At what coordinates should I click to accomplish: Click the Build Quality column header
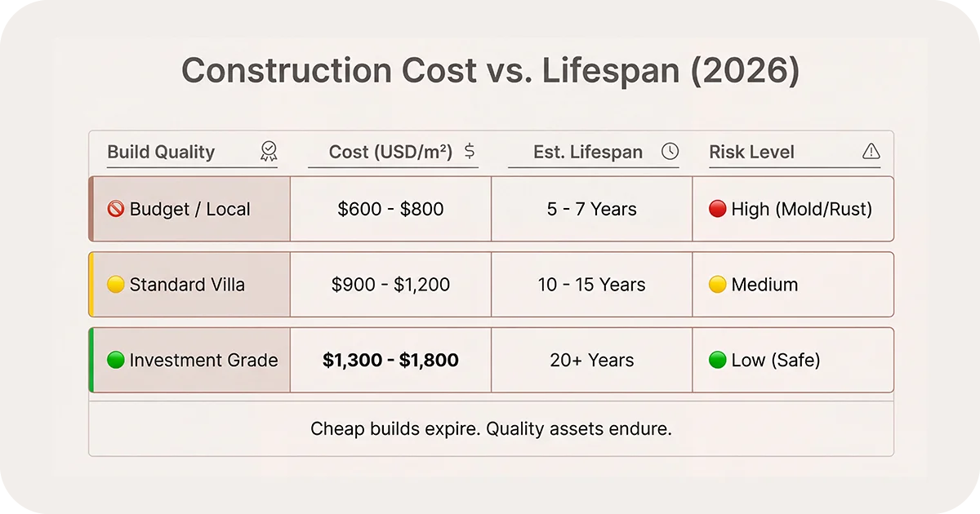coord(161,152)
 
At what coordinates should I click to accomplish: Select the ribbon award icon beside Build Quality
coord(269,151)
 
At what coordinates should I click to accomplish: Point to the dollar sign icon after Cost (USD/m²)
coord(470,151)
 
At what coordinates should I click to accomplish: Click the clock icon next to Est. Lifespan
coord(670,151)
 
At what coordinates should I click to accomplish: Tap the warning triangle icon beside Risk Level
coord(871,151)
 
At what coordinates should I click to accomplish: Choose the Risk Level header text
coord(751,152)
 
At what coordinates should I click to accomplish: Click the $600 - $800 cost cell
coord(390,209)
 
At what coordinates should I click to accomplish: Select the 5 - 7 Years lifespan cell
coord(591,209)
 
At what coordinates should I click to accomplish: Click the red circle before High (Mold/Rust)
coord(718,209)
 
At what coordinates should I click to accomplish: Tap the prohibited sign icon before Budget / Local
coord(116,209)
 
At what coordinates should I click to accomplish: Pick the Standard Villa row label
coord(187,285)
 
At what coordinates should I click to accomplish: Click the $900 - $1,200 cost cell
coord(390,285)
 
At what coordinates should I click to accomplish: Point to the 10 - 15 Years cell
coord(591,285)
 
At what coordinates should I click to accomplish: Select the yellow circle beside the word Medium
coord(718,285)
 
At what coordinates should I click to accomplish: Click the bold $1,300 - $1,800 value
coord(390,360)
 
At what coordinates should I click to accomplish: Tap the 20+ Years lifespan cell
coord(591,360)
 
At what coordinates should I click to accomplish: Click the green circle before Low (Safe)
coord(718,360)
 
